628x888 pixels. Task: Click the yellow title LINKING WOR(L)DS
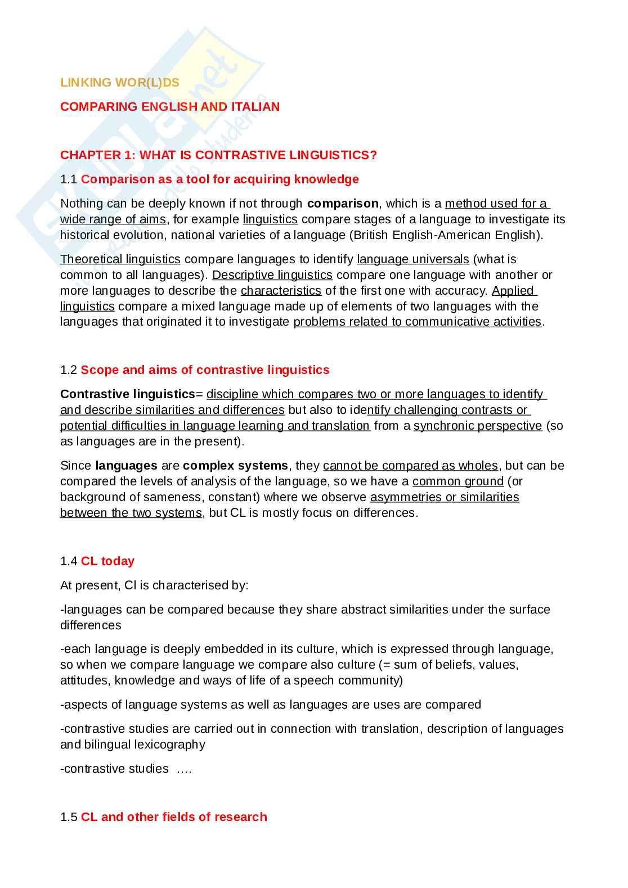coord(119,83)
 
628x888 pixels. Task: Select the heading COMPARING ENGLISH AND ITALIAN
coord(169,107)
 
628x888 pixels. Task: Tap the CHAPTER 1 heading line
coord(218,155)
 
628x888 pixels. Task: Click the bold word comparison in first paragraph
coord(343,204)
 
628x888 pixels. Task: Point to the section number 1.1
coord(68,179)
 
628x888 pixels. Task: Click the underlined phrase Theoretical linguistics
coord(120,259)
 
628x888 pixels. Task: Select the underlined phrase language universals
coord(412,259)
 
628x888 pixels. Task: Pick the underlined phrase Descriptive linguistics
coord(272,275)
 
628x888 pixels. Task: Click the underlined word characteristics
coord(281,291)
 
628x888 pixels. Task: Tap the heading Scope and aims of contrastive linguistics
coord(205,370)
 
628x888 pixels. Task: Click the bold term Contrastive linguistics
coord(127,394)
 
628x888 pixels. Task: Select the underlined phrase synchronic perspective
coord(477,426)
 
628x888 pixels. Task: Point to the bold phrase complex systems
coord(235,466)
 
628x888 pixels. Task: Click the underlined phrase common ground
coord(457,481)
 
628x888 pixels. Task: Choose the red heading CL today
coord(107,561)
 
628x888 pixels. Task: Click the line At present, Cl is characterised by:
coord(154,585)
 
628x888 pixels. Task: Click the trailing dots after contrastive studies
coord(184,769)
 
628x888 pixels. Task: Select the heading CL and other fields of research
coord(174,817)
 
